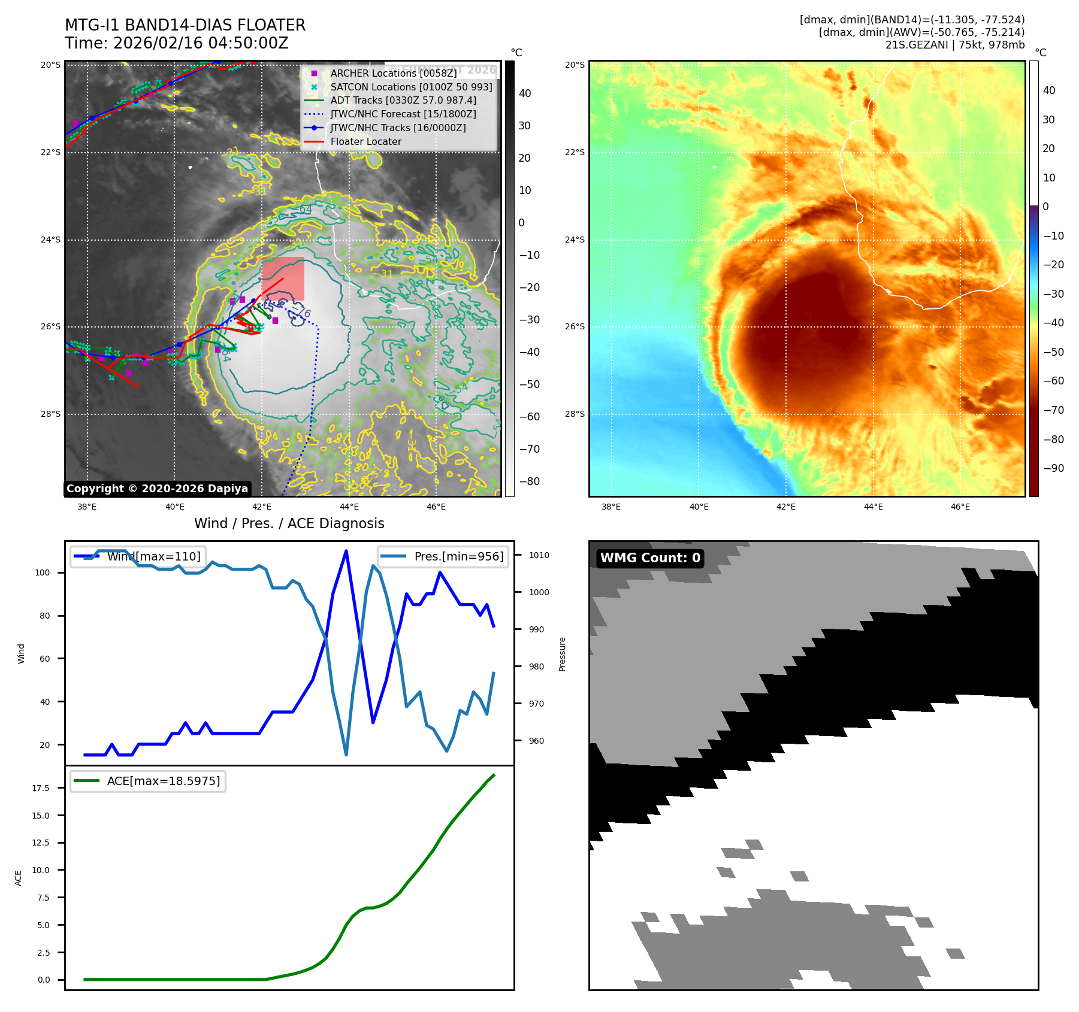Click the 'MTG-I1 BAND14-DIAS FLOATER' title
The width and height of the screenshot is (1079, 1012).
coord(185,25)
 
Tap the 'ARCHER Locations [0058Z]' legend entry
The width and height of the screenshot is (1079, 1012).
coord(393,73)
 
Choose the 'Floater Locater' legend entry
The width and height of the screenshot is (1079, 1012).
coord(365,141)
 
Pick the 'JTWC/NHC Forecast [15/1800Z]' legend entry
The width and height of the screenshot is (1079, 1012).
coord(403,114)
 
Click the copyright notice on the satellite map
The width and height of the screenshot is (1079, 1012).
coord(157,489)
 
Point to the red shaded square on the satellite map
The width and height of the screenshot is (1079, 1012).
coord(283,278)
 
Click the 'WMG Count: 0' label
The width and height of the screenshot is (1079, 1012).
coord(650,558)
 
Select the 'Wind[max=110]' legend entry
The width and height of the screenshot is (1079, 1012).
coord(153,556)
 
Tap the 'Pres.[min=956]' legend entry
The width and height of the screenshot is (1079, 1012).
coord(458,556)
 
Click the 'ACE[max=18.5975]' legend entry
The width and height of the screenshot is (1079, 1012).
coord(163,781)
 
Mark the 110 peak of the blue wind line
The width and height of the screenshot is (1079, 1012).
coord(346,551)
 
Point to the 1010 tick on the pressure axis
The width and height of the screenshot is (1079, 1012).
coord(539,555)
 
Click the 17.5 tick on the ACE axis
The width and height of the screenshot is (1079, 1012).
coord(41,788)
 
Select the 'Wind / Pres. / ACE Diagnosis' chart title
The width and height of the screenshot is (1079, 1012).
coord(289,523)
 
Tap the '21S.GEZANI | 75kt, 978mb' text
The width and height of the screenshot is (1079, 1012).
coord(955,45)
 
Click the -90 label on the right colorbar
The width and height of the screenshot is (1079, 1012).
coord(1053,468)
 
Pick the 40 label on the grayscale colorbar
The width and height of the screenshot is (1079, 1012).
coord(525,93)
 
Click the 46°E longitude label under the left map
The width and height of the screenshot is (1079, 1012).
coord(436,507)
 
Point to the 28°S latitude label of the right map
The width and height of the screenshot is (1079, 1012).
coord(575,414)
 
